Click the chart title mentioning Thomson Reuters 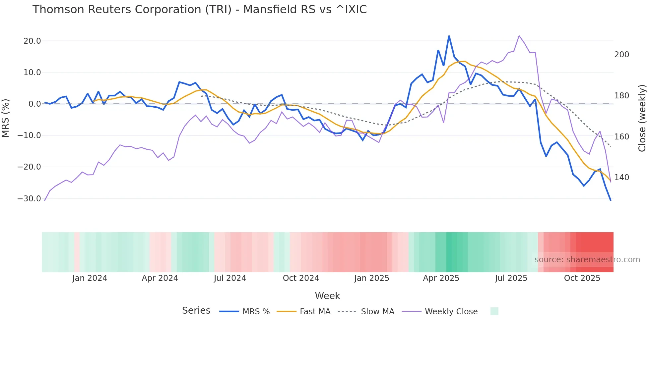[x=199, y=10]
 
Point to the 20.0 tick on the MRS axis [x=32, y=41]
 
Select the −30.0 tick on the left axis [x=29, y=199]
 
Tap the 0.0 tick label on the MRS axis [x=34, y=104]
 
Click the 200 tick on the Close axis [x=621, y=55]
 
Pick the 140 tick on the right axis [x=621, y=178]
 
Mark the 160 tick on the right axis [x=621, y=136]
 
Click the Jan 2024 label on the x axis [x=90, y=278]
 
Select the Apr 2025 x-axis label [x=441, y=278]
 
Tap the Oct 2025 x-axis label [x=582, y=278]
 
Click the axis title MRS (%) [x=6, y=118]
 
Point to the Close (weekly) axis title [x=642, y=118]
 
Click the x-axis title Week [x=327, y=296]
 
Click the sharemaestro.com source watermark [x=587, y=260]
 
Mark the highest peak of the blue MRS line [x=449, y=36]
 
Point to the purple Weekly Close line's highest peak [x=519, y=36]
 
